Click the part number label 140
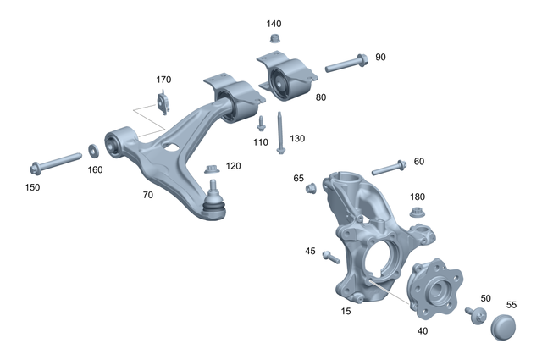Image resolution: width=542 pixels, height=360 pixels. point(274,24)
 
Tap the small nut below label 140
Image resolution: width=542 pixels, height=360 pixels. point(274,39)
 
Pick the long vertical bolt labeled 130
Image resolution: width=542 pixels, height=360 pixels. point(279,134)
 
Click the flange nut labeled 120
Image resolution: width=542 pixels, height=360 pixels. point(211,169)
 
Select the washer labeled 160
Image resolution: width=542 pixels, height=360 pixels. point(94,151)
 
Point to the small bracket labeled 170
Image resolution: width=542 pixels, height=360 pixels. point(163,105)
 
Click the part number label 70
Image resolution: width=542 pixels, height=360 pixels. point(148,194)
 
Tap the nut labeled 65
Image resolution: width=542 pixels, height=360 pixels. point(311,187)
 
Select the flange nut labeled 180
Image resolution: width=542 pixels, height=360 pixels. point(417,212)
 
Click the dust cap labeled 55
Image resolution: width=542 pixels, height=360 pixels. point(504,326)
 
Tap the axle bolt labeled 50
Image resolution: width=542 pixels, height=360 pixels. point(475,315)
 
